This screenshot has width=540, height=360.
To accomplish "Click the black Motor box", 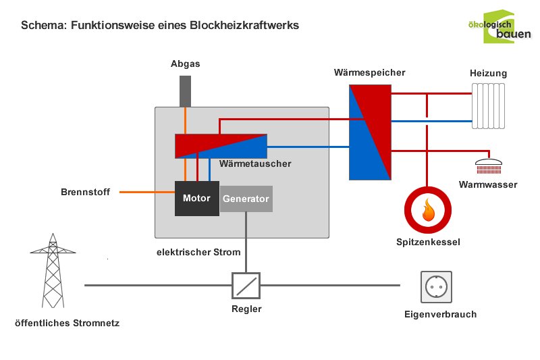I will pyautogui.click(x=196, y=199).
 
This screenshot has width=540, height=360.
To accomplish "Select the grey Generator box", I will pyautogui.click(x=246, y=199).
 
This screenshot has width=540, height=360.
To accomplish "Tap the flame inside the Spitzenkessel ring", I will pyautogui.click(x=427, y=210).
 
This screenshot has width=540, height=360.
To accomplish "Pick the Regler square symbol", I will pyautogui.click(x=246, y=285).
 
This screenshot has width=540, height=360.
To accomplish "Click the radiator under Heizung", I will pyautogui.click(x=489, y=106).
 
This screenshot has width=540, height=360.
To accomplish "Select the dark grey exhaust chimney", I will pyautogui.click(x=185, y=91).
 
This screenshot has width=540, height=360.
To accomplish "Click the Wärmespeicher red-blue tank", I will pyautogui.click(x=370, y=132).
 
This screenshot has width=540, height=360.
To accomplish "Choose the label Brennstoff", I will pyautogui.click(x=85, y=192).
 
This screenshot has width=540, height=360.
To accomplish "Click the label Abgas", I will pyautogui.click(x=185, y=64).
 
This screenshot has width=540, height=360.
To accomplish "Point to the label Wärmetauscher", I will pyautogui.click(x=255, y=164).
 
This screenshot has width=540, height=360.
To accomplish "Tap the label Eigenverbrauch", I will pyautogui.click(x=440, y=314).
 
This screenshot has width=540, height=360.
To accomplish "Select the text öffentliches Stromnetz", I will pyautogui.click(x=67, y=323).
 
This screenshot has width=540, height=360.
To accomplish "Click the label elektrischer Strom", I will pyautogui.click(x=198, y=253).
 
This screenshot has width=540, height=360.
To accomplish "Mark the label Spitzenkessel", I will pyautogui.click(x=428, y=241).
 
